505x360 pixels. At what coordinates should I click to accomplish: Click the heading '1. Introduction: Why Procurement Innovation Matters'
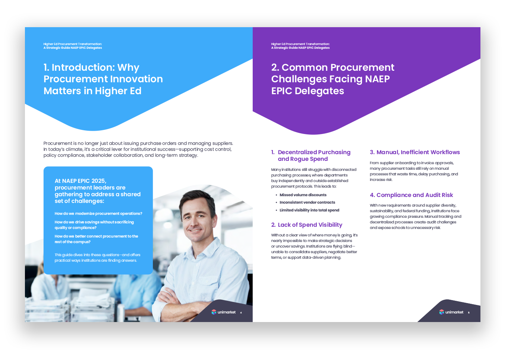103,79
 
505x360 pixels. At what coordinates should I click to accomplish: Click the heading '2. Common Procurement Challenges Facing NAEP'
333,79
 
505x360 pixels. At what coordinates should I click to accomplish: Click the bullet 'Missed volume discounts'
303,195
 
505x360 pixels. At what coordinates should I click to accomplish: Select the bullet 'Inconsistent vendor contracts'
307,202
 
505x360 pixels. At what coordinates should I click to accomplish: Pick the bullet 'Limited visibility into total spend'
309,210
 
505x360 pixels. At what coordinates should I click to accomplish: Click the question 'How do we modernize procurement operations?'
98,213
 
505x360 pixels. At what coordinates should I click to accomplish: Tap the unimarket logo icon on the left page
214,312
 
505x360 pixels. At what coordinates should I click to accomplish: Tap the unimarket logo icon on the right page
441,312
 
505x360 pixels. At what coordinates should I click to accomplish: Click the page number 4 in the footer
241,313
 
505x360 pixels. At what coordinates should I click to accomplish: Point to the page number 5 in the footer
469,313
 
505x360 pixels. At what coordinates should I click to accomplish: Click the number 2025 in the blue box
98,181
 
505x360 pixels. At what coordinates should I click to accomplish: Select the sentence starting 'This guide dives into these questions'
98,258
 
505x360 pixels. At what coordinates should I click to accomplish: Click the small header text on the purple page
300,46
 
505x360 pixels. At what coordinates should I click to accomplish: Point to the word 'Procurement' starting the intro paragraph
57,143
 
